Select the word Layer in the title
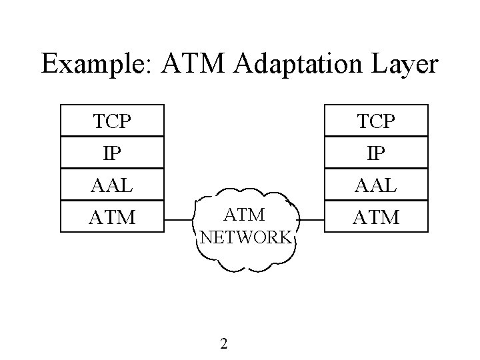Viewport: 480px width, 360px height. pos(405,65)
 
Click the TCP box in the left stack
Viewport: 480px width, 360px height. pos(112,121)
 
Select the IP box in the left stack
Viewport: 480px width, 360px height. pos(112,152)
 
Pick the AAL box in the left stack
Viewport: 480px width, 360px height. pos(112,184)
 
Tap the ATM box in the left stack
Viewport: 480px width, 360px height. pos(112,216)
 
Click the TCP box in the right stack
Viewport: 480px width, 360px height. pos(375,121)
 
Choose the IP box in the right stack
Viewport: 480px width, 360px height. pos(375,152)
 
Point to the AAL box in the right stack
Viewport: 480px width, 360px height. pos(375,184)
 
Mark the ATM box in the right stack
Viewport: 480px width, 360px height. pos(375,216)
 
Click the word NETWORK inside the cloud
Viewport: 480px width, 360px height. pos(245,237)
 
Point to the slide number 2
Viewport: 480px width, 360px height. pos(224,344)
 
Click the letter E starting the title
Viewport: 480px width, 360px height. pos(49,64)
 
